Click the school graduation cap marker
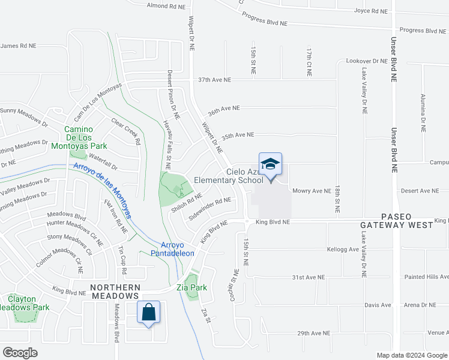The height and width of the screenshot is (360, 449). coord(270,164)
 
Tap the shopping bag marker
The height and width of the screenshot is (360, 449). coord(148,313)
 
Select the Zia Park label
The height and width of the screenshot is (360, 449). coord(191,287)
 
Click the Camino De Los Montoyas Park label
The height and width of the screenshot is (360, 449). coord(86,137)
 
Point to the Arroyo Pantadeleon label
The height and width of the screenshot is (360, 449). coord(178,248)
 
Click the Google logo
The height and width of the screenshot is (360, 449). coord(20,353)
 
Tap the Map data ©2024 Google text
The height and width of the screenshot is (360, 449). coord(411,355)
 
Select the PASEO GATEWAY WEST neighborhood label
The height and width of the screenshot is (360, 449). coord(396,220)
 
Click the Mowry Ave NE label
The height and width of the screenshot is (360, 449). coord(312,191)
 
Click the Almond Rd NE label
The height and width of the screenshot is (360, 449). coord(167,6)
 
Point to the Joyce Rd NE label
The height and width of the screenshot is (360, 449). coord(371,11)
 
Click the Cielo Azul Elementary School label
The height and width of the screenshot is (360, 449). coord(244,176)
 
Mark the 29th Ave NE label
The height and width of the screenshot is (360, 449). coord(313,333)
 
